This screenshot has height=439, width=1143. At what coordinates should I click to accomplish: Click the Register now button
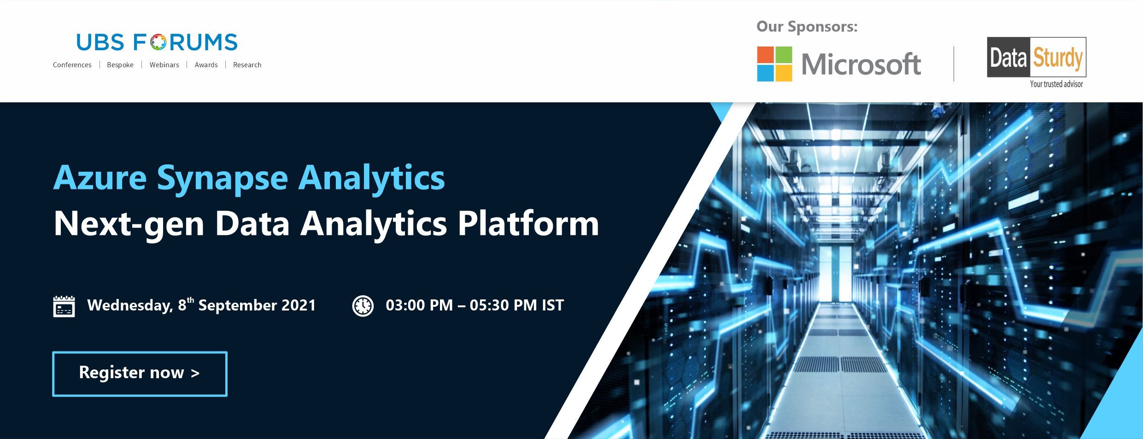point(140,374)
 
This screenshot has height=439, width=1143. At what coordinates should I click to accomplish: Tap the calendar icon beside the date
point(64,306)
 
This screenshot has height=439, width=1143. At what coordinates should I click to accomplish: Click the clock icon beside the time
point(363,306)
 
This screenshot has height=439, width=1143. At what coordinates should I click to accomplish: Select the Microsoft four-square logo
point(774,64)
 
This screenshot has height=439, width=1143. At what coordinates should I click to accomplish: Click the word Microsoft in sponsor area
point(861,64)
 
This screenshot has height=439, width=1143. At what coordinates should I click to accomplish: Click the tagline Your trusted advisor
point(1056,84)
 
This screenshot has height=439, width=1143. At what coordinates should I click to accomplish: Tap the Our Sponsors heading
point(807,27)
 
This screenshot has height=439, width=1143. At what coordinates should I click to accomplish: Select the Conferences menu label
point(72,65)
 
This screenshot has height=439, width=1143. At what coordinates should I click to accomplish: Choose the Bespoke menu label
point(120,65)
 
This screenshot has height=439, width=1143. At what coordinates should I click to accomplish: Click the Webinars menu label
point(164,65)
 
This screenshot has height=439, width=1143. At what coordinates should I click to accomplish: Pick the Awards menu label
point(206,65)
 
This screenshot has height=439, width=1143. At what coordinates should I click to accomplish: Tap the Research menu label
point(247,65)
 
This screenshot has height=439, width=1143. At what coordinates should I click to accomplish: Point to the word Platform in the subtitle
point(528,224)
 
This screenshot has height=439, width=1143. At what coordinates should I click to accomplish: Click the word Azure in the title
point(100,178)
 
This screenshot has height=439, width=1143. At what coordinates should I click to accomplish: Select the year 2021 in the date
point(299,305)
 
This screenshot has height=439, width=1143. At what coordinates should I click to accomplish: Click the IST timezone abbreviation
point(552,305)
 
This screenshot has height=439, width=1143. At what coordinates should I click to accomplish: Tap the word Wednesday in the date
point(130,306)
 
